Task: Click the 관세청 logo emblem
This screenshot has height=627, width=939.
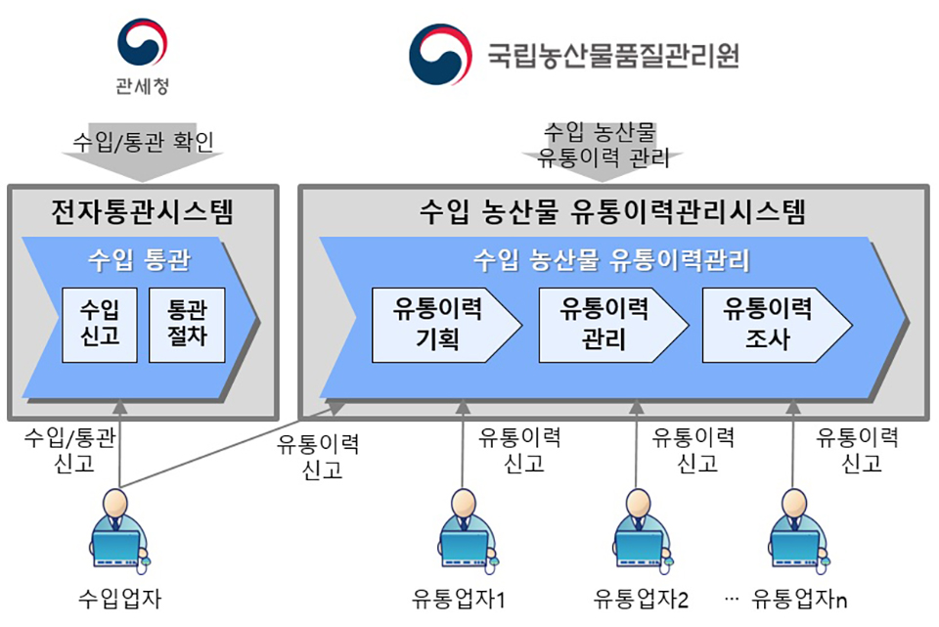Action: [142, 42]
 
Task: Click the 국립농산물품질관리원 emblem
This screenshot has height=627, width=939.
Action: [440, 55]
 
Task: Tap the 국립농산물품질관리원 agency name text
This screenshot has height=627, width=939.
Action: [612, 57]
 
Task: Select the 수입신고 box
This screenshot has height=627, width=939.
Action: [100, 325]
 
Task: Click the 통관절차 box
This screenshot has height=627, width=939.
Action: [187, 325]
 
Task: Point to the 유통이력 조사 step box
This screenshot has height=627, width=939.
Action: [777, 325]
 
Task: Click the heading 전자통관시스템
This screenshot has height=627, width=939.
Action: [142, 212]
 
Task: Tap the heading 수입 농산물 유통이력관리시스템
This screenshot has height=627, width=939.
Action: [612, 212]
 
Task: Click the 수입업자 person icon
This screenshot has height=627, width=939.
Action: [118, 528]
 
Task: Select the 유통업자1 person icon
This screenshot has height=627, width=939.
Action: [467, 530]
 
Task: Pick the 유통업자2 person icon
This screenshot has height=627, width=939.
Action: [642, 530]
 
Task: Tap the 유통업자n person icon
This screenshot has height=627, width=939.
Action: [798, 530]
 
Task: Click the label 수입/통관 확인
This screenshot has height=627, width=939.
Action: [143, 142]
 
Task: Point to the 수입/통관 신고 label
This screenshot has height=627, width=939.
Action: [70, 450]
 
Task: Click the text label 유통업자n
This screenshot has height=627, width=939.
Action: [799, 599]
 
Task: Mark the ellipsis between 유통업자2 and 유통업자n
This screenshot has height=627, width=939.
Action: [732, 599]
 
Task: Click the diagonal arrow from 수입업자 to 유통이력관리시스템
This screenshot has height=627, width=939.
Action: [233, 444]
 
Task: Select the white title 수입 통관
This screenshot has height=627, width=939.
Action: [139, 260]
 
